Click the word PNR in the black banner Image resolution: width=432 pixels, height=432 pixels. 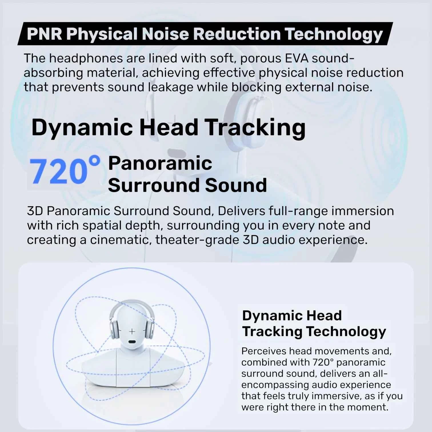(44, 34)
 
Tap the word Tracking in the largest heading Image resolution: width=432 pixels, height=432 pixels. (255, 127)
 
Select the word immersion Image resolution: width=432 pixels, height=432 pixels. (363, 211)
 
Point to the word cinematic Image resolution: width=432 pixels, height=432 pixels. (120, 240)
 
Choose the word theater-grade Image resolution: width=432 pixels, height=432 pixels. (197, 240)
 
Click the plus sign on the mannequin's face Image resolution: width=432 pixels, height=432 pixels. (132, 331)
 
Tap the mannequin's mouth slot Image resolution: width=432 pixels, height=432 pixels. (132, 342)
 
